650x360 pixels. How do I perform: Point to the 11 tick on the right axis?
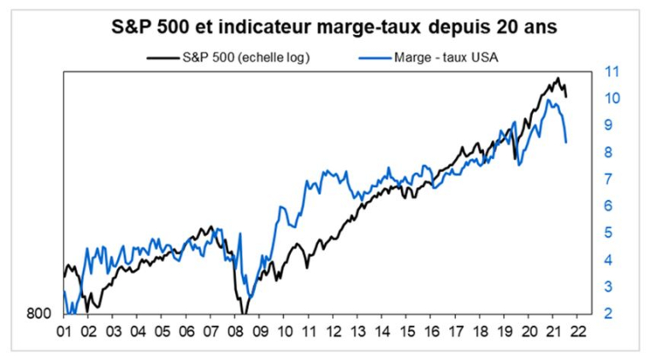(x=612, y=72)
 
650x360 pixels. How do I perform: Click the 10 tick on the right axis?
(x=612, y=98)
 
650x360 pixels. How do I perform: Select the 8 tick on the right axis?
(x=608, y=152)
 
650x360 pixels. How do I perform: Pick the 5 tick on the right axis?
(x=608, y=233)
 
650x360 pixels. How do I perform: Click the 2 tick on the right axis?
(x=608, y=313)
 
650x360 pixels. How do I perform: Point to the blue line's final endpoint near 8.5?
(x=566, y=142)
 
